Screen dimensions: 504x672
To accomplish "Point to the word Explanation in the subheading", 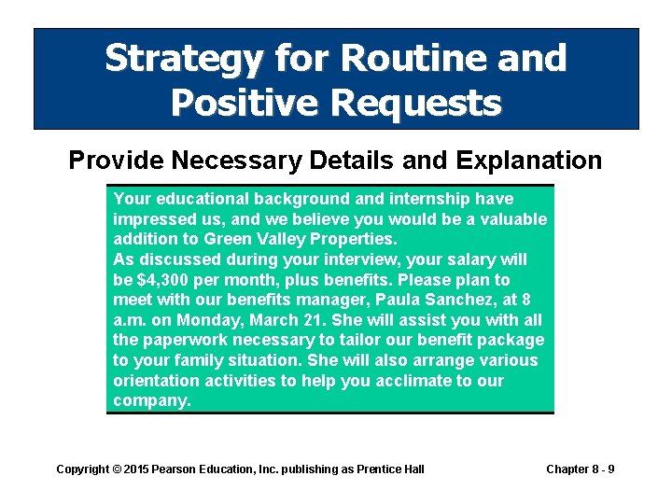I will (x=528, y=161).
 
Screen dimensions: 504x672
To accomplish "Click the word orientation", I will (x=156, y=381).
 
